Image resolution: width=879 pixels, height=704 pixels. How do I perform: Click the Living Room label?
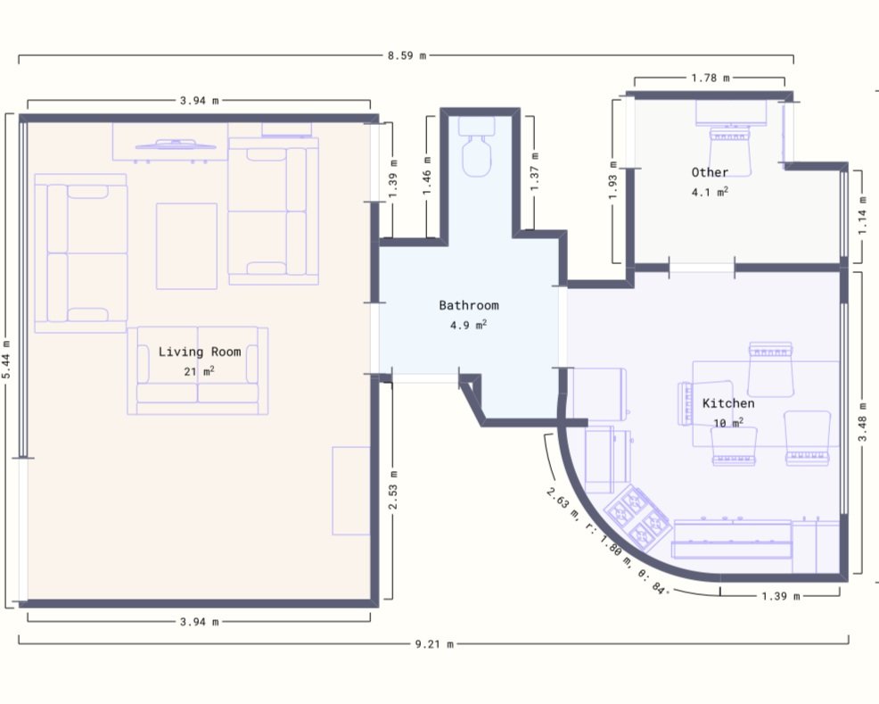(200, 352)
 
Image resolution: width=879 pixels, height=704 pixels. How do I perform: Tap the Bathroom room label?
(469, 305)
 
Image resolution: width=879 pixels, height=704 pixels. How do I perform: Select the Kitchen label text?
(728, 402)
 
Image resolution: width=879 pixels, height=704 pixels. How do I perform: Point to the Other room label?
(710, 172)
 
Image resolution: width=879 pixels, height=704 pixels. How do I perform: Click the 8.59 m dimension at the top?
(407, 55)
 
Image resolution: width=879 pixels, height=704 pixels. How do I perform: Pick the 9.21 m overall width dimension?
(434, 644)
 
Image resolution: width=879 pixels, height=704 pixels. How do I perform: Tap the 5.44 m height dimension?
(6, 360)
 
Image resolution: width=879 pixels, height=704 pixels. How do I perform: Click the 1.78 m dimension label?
(711, 78)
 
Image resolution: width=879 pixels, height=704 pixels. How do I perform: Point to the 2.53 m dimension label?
(393, 490)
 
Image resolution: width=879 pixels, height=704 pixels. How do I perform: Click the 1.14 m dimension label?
(862, 215)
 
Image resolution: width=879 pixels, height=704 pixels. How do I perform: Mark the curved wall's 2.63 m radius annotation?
(606, 542)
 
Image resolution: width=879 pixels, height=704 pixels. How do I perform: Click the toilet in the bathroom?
(477, 146)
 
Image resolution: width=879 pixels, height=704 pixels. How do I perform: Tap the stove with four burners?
(638, 518)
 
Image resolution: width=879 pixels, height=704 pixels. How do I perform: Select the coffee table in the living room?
(186, 246)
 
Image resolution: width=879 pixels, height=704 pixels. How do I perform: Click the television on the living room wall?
(176, 145)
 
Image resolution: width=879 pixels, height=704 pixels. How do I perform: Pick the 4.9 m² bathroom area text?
(469, 325)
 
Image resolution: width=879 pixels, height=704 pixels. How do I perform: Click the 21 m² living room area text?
(200, 371)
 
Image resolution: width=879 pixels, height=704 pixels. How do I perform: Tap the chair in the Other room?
(729, 152)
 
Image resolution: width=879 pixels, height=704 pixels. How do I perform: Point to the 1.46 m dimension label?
(427, 176)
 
